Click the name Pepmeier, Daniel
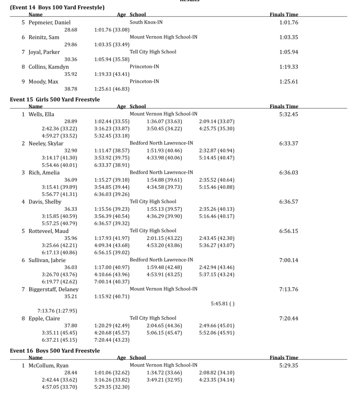coord(49,23)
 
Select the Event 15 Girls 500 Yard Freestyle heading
coord(55,99)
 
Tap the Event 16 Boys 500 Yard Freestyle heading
coord(55,351)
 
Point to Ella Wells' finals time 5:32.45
coord(289,114)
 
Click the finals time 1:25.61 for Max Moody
coord(289,82)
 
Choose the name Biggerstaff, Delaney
coord(53,289)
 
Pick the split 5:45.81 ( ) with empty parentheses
coord(223,304)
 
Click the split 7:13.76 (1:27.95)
coord(57,311)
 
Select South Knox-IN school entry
coord(146,23)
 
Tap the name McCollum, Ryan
coord(49,365)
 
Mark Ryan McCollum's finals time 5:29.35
coord(289,365)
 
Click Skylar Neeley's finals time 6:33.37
coord(289,143)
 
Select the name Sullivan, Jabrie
coord(47,260)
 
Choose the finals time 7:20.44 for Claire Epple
coord(289,318)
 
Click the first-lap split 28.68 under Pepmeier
coord(71,30)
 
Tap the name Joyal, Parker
coord(44,52)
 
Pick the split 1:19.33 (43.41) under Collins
coord(112,74)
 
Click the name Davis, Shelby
coord(45,202)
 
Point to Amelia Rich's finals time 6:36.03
coord(289,173)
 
